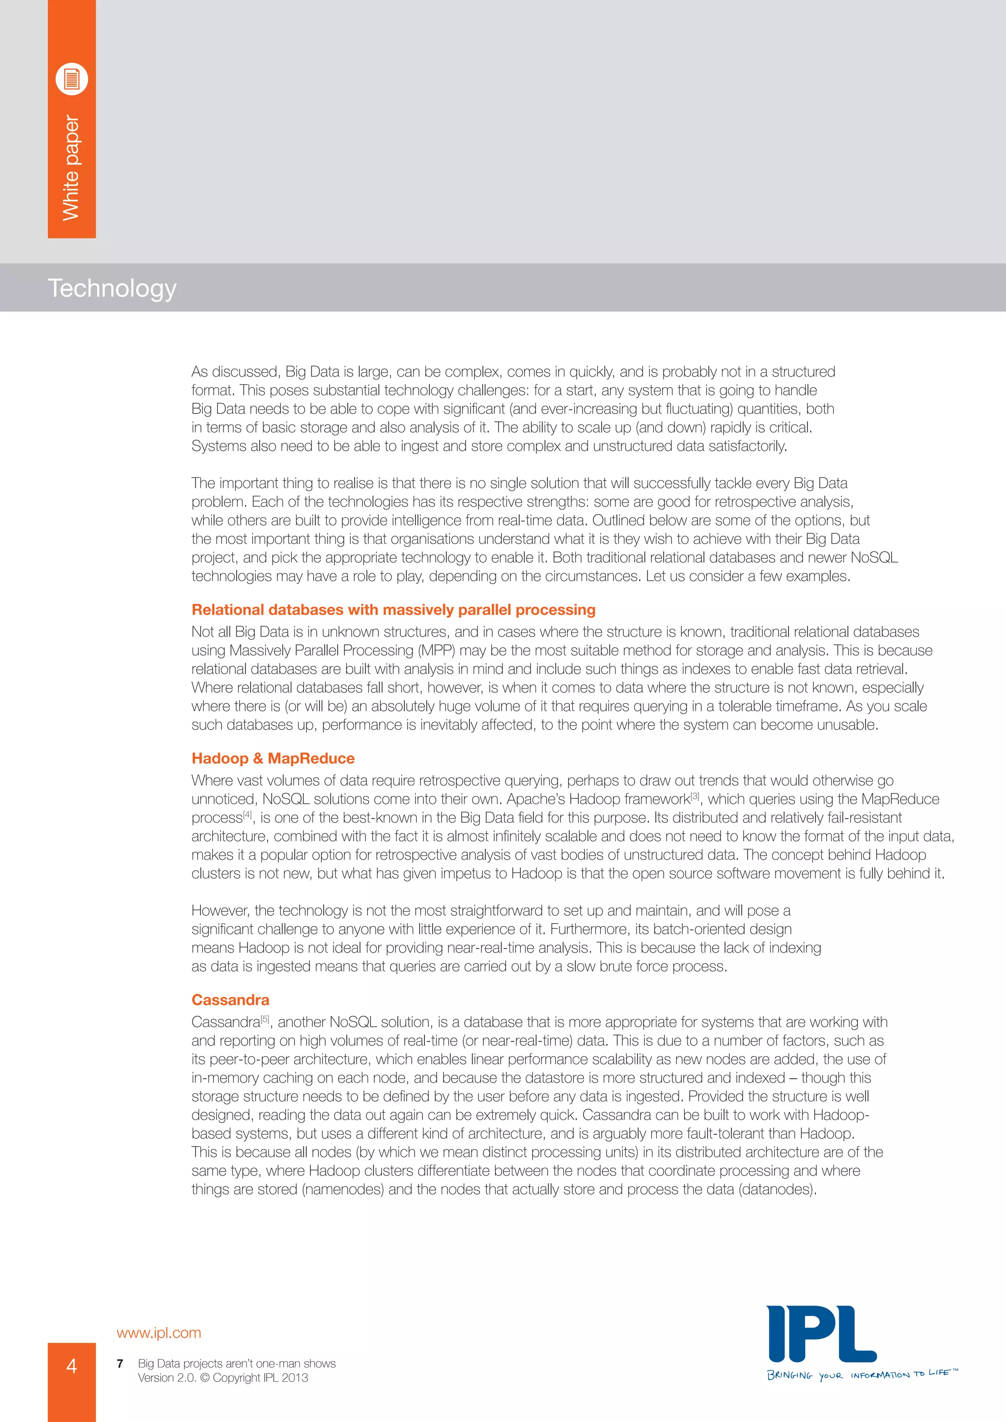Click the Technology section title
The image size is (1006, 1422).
112,288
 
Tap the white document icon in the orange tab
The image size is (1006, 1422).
72,79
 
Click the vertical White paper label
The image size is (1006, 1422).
71,168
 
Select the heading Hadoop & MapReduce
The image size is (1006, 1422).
273,758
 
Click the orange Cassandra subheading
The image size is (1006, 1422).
230,1000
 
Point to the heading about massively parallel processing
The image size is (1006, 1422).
393,609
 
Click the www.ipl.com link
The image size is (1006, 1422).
159,1332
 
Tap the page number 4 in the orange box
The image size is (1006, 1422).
72,1365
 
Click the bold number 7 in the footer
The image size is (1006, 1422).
120,1363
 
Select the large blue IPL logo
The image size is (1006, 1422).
821,1334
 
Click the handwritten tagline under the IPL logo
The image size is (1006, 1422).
861,1374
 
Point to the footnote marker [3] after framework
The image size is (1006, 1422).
695,796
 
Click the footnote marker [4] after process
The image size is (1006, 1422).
248,815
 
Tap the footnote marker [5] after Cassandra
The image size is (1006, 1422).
265,1019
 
